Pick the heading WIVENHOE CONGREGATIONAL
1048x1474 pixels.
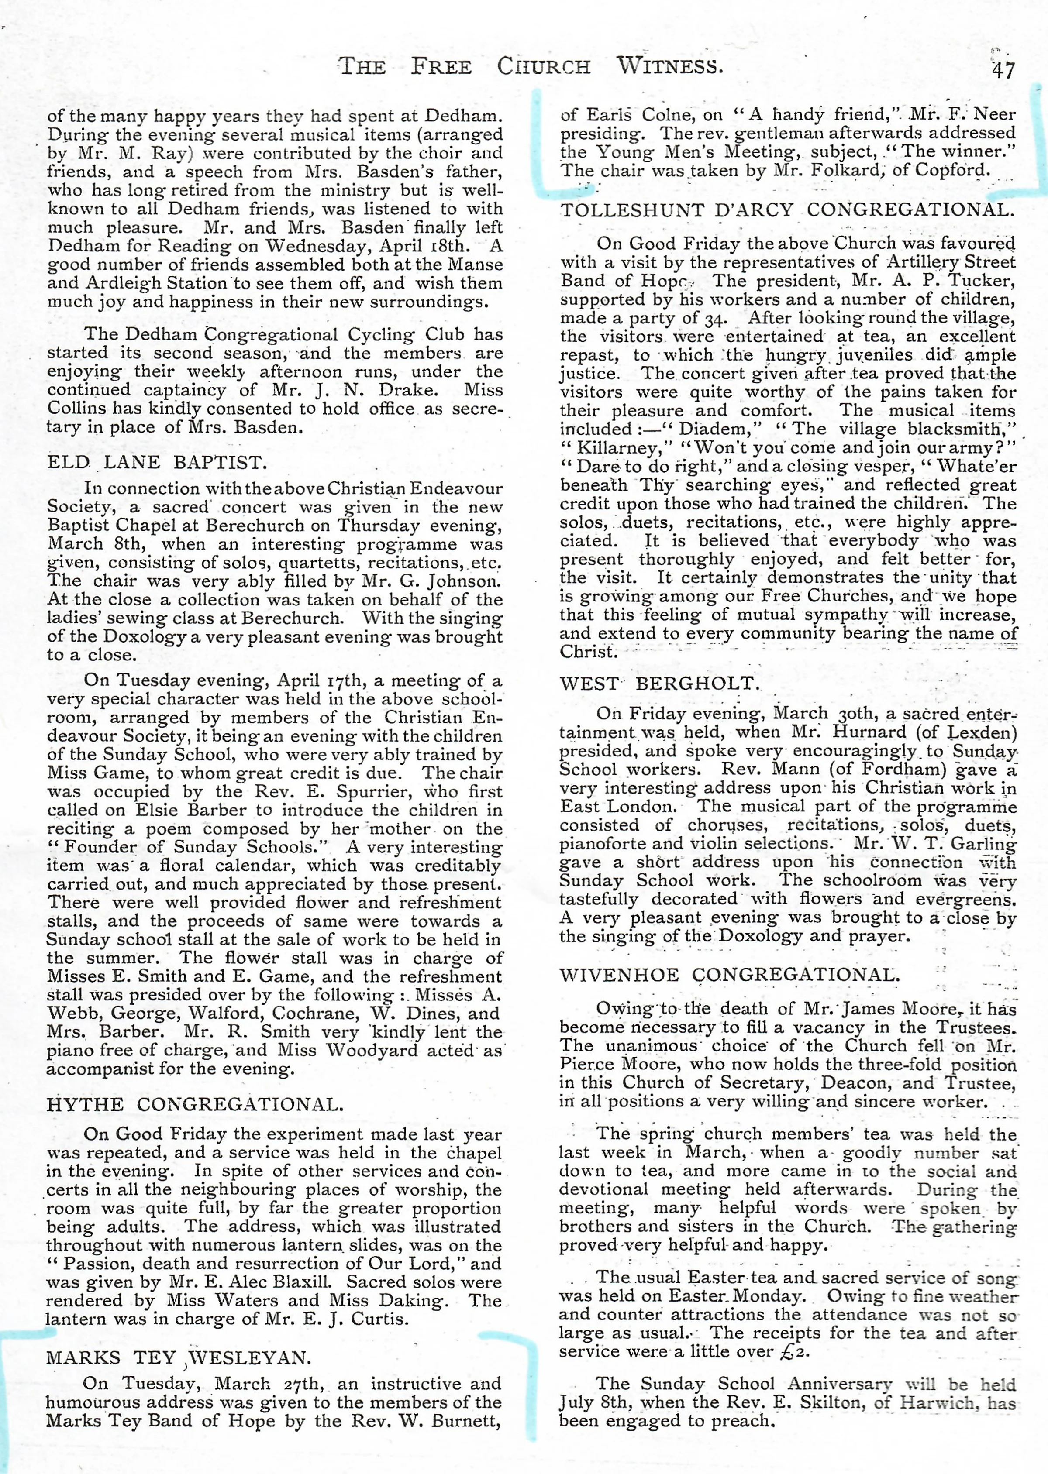click(x=728, y=975)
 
